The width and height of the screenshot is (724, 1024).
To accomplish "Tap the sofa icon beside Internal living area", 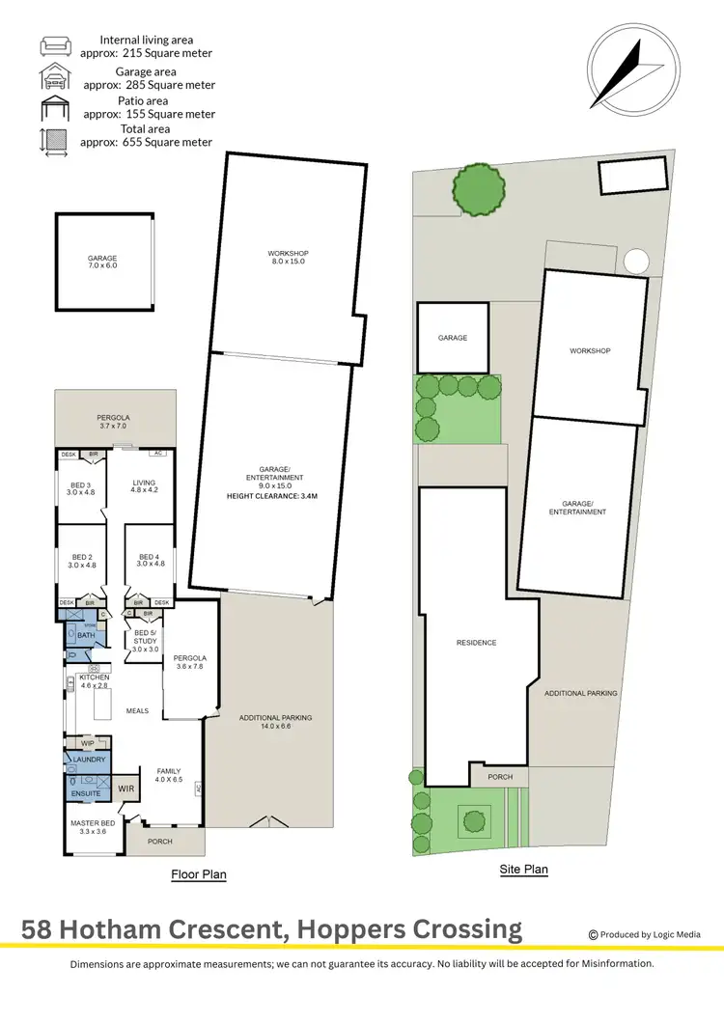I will tap(53, 46).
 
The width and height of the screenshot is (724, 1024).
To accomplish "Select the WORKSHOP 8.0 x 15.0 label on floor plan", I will tap(288, 258).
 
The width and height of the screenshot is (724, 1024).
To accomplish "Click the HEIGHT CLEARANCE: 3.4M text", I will tap(272, 496).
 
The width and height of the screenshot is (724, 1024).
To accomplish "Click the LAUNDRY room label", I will tap(88, 761).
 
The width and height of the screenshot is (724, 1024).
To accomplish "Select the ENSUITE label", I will tap(85, 793).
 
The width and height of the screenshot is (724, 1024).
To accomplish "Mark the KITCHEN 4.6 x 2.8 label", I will tap(94, 682).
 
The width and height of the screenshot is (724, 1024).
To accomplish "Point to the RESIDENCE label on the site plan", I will tap(476, 643).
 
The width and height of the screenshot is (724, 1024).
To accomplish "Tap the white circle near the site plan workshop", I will tap(636, 262).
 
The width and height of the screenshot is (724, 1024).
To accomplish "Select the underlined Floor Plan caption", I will tap(198, 874).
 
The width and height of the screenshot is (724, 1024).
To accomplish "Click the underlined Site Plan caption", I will tap(523, 870).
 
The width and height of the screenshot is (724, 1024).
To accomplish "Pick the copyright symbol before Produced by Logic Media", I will tap(593, 934).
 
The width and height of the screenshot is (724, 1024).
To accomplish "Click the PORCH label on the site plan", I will tap(500, 777).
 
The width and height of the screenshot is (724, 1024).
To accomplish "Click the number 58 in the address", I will tap(39, 930).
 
